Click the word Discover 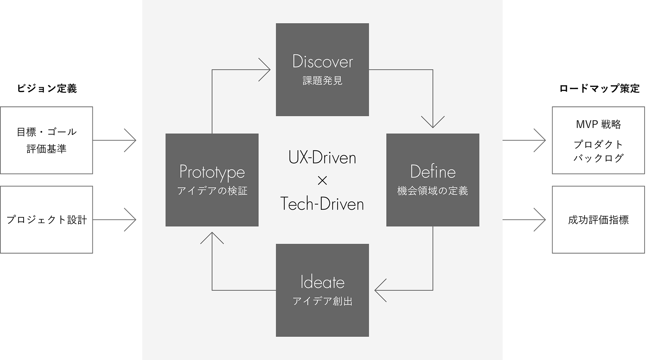click(322, 62)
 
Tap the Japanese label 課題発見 click(322, 81)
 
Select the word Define click(433, 172)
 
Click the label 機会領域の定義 click(433, 191)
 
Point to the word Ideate click(322, 282)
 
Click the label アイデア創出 click(322, 301)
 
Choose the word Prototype click(212, 172)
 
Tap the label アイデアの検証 click(212, 191)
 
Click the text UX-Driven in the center click(322, 158)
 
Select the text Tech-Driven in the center click(322, 204)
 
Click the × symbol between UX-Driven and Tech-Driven click(322, 181)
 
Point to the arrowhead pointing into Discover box click(269, 70)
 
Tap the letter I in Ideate click(302, 282)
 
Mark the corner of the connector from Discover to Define click(433, 70)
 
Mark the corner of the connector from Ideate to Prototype click(212, 290)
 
